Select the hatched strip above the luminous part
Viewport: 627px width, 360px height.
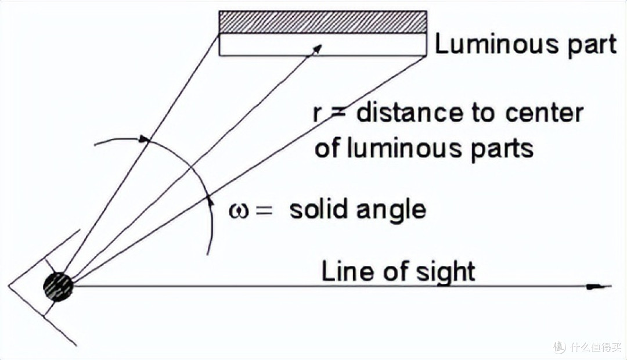click(x=323, y=22)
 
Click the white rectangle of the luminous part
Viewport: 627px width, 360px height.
click(x=323, y=44)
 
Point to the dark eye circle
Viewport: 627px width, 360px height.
click(x=59, y=287)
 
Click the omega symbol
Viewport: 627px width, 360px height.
click(x=239, y=210)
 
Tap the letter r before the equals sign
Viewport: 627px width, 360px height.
click(x=317, y=114)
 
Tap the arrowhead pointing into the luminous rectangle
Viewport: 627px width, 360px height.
click(x=317, y=48)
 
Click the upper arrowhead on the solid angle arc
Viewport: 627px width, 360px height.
click(x=144, y=139)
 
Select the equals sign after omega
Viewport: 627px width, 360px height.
click(x=264, y=211)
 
